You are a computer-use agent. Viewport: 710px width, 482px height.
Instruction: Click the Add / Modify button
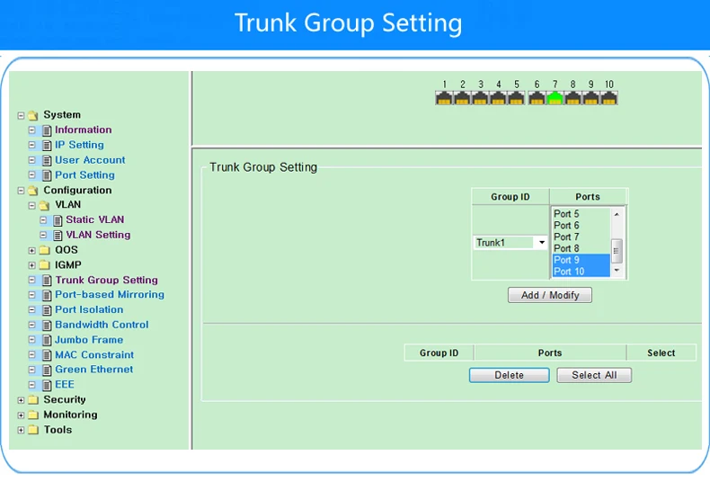coord(550,295)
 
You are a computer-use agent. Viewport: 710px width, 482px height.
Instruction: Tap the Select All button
coord(594,375)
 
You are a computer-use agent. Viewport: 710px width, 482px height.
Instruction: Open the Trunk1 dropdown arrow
coord(542,243)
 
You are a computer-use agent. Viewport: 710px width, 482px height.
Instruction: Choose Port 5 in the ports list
coord(566,214)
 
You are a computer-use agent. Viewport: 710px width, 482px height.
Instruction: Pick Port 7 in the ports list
coord(566,237)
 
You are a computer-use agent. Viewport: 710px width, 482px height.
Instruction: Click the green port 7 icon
coord(555,98)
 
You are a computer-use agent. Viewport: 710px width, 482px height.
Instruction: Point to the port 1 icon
coord(444,98)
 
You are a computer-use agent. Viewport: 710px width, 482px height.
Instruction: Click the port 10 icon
coord(609,98)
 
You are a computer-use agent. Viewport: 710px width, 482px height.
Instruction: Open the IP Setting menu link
coord(79,145)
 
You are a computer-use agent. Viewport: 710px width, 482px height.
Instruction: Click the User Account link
coord(90,160)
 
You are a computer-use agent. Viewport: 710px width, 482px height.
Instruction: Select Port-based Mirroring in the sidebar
coord(110,294)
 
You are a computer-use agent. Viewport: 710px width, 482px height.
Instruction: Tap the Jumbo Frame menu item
coord(89,340)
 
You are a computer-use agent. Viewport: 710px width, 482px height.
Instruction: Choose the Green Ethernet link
coord(93,370)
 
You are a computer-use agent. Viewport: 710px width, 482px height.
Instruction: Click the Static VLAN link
coord(95,219)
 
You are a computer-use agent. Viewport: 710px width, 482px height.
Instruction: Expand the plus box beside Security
coord(21,400)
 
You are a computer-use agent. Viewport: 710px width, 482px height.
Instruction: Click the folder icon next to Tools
coord(33,430)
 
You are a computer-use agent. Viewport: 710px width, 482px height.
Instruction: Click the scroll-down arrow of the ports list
coord(617,271)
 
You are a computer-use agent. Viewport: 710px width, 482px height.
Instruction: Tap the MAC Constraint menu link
coord(94,354)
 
